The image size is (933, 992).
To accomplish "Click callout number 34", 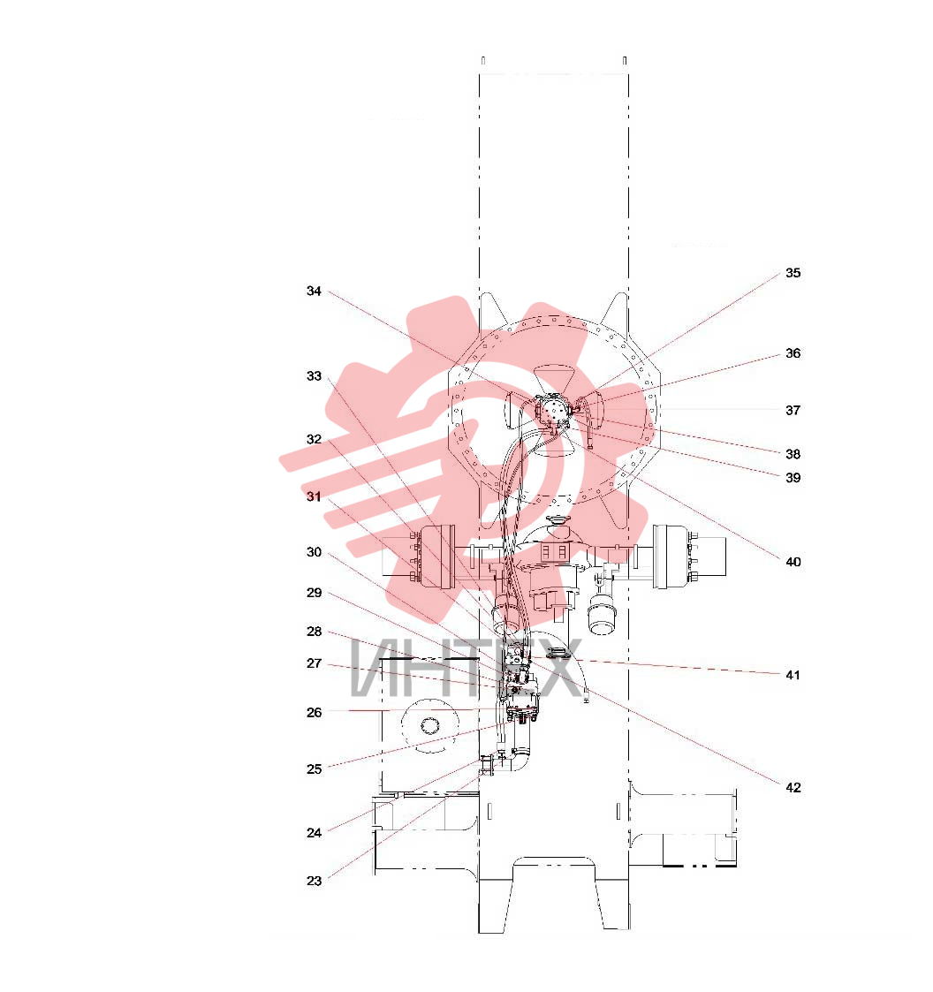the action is [314, 291].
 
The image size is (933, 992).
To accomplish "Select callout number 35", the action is [793, 273].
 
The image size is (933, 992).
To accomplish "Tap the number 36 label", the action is [793, 353].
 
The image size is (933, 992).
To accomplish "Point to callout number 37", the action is [793, 410].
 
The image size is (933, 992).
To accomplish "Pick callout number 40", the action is [793, 562].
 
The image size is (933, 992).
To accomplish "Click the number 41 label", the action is [793, 675].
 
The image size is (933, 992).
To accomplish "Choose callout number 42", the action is [793, 788].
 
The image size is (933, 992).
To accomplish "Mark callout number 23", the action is [314, 881].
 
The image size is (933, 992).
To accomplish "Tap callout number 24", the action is [314, 833].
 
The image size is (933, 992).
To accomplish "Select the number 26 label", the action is [314, 712].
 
